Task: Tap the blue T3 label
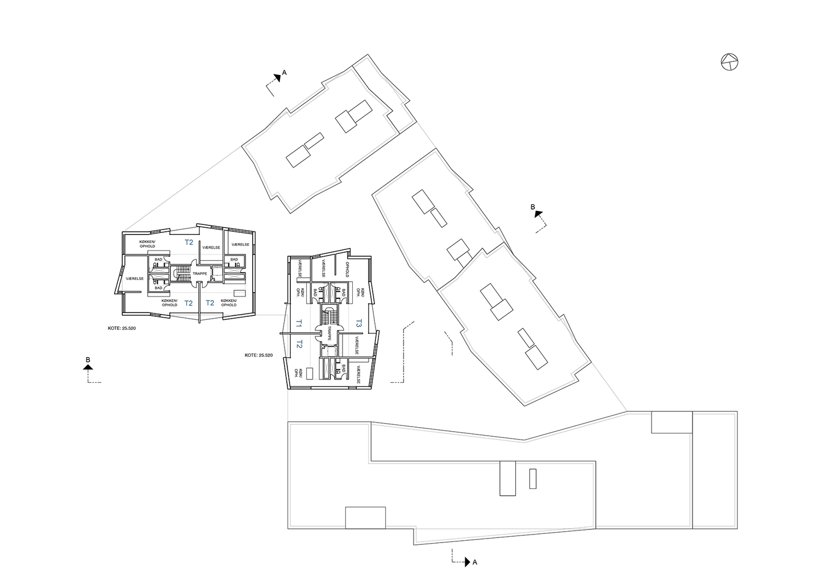point(359,323)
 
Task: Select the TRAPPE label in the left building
point(200,273)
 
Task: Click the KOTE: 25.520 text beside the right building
point(259,355)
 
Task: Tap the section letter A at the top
point(284,73)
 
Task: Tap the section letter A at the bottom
point(474,562)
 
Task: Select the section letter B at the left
point(87,360)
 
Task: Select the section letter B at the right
point(533,208)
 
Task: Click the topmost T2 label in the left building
point(189,243)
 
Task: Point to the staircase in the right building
point(328,314)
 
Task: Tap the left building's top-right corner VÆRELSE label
point(240,245)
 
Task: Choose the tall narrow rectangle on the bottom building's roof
point(532,478)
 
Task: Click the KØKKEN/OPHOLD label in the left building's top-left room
point(147,244)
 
